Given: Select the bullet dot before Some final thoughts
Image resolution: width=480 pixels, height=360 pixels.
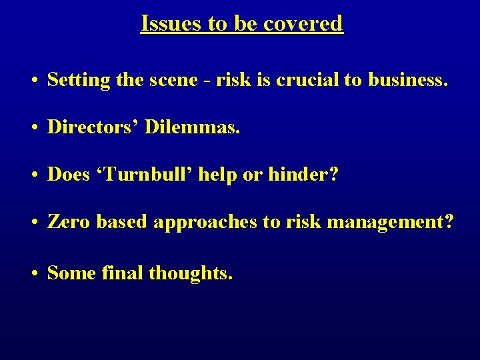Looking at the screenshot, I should tap(33, 273).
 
